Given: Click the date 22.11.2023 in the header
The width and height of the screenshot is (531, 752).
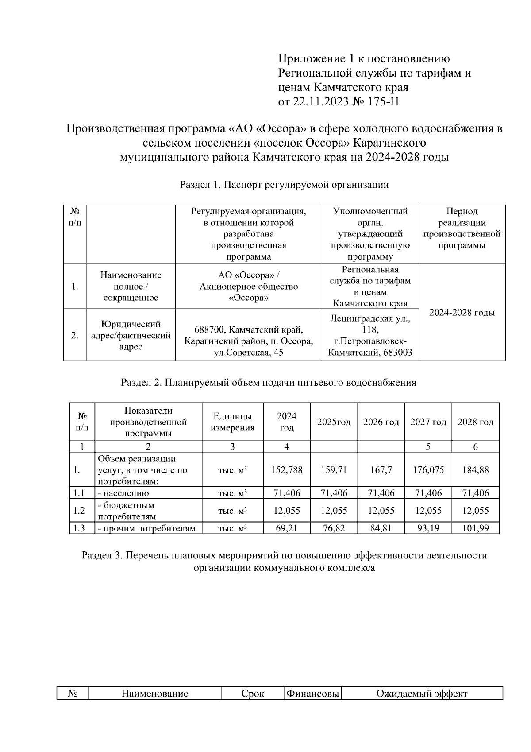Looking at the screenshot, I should tap(321, 102).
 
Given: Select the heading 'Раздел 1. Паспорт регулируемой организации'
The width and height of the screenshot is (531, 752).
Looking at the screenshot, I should tap(284, 185).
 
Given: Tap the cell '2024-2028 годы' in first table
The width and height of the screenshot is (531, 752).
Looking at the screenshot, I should tap(462, 312).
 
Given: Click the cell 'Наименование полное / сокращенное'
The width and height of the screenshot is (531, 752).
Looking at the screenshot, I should tap(131, 286).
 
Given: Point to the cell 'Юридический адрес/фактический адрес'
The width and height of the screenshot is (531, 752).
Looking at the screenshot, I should tap(131, 335).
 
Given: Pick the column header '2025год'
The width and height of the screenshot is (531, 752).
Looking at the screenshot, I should tap(334, 422).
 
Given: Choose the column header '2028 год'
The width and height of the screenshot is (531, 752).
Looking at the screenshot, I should tap(475, 422).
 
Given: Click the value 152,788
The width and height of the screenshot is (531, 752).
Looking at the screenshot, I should tap(287, 470).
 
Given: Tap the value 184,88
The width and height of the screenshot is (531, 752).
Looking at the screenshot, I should tap(475, 470).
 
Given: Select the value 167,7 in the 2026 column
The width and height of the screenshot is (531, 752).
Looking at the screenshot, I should tap(381, 470).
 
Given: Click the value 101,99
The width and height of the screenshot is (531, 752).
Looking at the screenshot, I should tap(475, 528).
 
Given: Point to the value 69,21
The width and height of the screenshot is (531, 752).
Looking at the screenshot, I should tap(287, 528).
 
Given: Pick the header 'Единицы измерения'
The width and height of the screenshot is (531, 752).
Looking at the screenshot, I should tap(232, 422).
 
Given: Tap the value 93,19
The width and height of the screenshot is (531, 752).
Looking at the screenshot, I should tap(428, 528).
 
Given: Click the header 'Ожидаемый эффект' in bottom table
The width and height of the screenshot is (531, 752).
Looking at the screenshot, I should tap(421, 694).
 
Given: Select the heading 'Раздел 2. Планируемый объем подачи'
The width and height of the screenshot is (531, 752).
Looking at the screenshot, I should tap(268, 383).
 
